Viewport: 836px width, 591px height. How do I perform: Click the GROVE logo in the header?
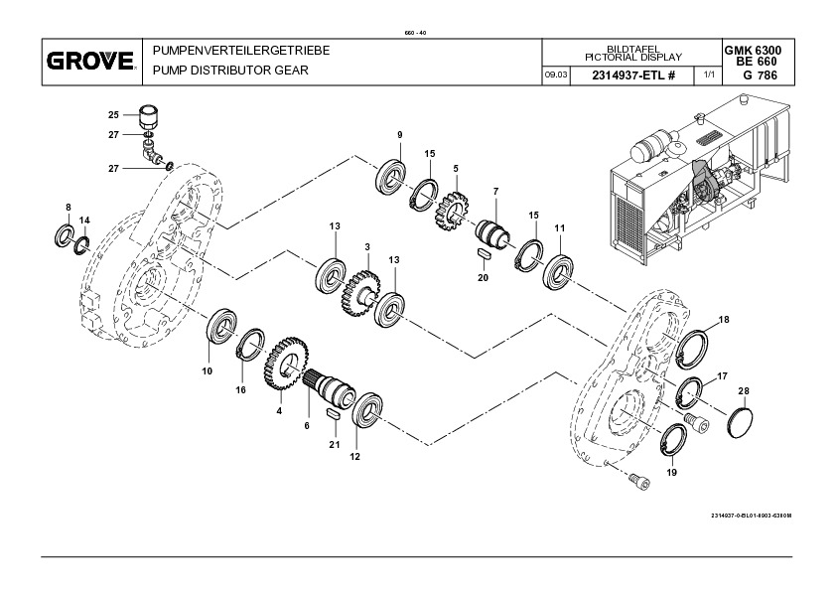click(x=90, y=61)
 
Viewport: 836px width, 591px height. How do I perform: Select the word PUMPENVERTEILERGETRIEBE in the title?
click(x=241, y=51)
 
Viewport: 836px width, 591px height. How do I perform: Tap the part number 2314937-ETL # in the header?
click(x=633, y=75)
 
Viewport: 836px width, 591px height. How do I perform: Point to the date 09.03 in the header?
click(x=556, y=75)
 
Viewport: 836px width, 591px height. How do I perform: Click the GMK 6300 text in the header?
click(x=753, y=50)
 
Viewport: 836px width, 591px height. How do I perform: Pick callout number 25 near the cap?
click(x=113, y=114)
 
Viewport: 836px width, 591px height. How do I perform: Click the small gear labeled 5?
click(x=452, y=212)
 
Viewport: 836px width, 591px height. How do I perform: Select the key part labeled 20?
click(x=484, y=253)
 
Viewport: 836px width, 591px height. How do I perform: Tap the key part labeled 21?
click(x=334, y=415)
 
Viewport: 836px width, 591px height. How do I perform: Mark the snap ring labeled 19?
click(x=674, y=441)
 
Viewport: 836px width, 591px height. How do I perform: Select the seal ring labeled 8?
click(x=66, y=235)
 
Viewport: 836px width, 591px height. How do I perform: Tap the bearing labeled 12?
click(x=367, y=409)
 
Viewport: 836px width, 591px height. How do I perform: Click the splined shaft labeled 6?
click(x=330, y=386)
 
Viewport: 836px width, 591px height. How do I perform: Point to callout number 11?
click(x=559, y=228)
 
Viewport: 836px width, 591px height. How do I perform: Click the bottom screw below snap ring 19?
click(x=639, y=481)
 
